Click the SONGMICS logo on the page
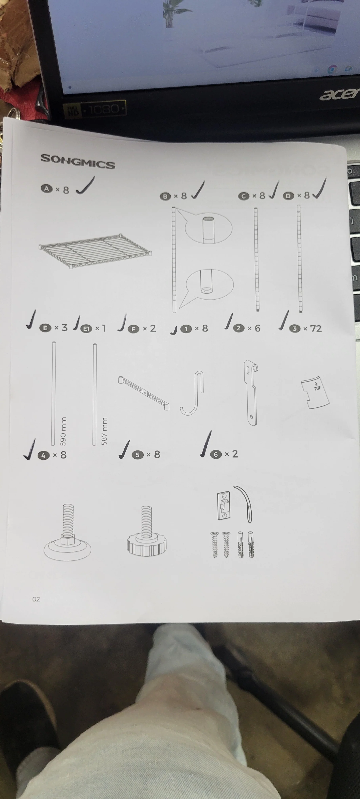[x=78, y=161]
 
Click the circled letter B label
[x=165, y=196]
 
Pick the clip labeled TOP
[x=315, y=392]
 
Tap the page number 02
[x=36, y=599]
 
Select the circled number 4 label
[x=43, y=455]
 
